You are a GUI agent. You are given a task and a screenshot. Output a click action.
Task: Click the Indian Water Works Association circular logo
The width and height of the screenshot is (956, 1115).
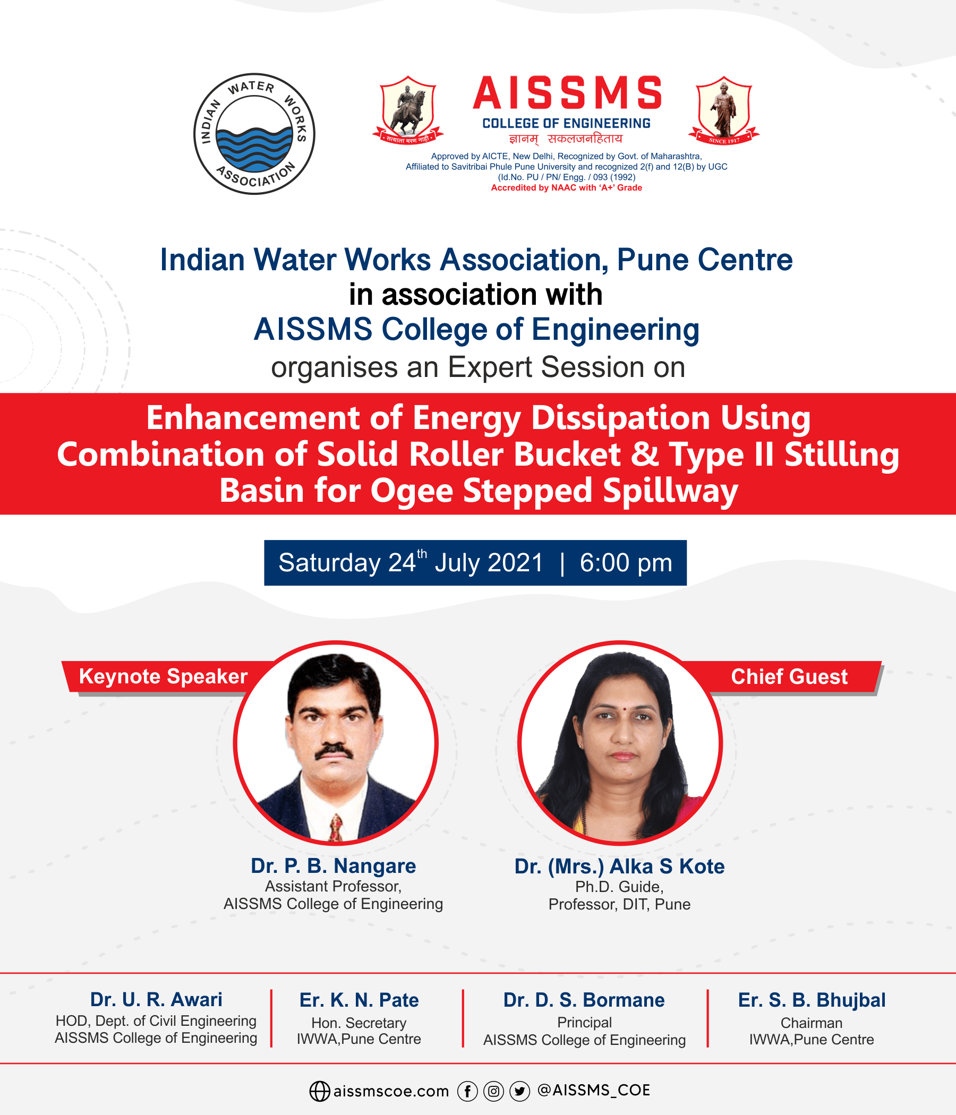point(254,134)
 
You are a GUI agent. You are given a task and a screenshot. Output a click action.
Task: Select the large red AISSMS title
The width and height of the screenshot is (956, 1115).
point(567,93)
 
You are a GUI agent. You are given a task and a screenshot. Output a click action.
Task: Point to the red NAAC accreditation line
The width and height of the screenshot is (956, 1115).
point(566,188)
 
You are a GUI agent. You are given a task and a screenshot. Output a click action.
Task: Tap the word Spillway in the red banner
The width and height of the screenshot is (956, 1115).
point(670,491)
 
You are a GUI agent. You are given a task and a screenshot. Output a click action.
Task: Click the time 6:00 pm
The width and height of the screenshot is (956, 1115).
point(626,563)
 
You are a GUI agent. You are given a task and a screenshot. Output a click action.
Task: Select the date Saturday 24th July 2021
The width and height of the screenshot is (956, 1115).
point(410,563)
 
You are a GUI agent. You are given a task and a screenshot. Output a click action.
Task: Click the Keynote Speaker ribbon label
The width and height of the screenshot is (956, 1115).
point(163,676)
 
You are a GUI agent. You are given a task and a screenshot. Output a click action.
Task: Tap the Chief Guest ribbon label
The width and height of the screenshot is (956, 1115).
point(789,676)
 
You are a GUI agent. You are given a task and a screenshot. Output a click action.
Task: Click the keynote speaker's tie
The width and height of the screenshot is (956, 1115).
point(336,827)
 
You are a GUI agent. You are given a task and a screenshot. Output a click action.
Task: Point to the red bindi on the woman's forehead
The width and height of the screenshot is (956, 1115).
point(624,709)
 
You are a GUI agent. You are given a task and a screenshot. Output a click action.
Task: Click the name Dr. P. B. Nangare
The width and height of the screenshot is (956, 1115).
point(333,866)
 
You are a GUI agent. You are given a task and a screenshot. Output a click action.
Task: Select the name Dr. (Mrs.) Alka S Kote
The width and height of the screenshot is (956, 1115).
point(619,867)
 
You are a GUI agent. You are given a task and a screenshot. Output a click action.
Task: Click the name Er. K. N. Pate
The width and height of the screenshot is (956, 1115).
point(359,1000)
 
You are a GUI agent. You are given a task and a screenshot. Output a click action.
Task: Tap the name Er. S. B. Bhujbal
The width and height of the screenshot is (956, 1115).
point(811,1000)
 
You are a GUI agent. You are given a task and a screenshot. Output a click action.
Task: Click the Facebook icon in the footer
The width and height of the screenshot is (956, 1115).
point(467,1091)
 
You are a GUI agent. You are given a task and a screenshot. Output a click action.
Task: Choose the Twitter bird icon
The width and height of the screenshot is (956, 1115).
point(519,1091)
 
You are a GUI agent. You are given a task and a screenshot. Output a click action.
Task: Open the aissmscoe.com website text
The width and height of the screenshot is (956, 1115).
point(391,1091)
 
